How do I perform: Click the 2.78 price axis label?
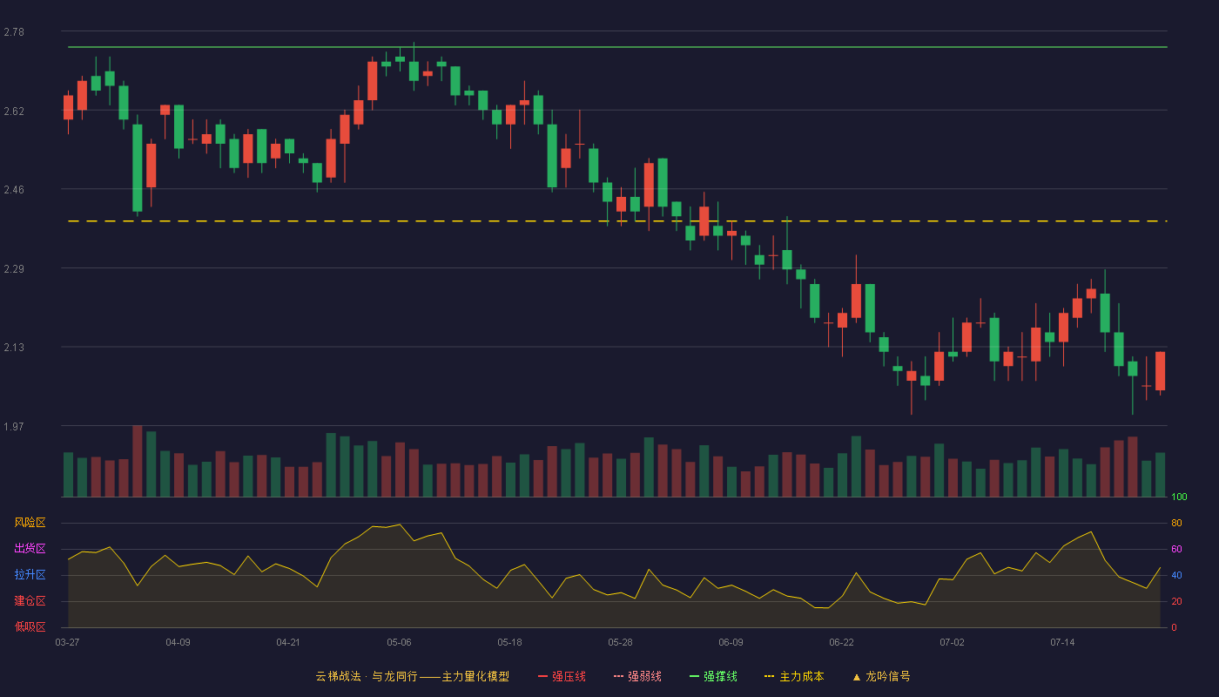pos(14,32)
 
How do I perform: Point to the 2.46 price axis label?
pos(14,190)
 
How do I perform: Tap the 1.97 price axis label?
pos(14,426)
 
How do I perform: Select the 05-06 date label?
pos(399,643)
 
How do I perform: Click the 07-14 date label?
pos(1062,643)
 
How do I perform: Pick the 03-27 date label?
pos(68,643)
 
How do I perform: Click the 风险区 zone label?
pos(30,523)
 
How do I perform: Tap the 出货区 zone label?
pos(30,548)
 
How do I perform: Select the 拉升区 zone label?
pos(30,574)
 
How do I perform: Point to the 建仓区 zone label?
pos(30,600)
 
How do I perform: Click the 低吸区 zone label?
pos(30,626)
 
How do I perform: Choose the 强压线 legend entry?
pos(562,676)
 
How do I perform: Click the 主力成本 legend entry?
pos(794,676)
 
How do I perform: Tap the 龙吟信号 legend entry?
pos(881,676)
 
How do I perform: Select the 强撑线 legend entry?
pos(713,676)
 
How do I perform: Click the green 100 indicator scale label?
pos(1179,497)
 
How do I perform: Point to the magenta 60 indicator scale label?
pos(1176,549)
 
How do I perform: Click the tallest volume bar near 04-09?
pos(138,461)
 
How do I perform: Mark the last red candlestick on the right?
pos(1160,371)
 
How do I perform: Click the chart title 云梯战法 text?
pos(338,676)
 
